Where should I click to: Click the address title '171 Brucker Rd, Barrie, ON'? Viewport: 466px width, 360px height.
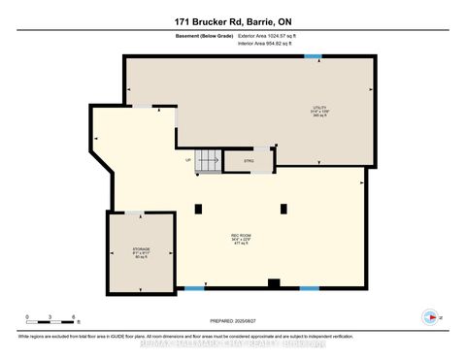pos(232,17)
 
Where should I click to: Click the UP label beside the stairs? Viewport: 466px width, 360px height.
pos(188,161)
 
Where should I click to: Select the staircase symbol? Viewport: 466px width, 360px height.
pos(207,162)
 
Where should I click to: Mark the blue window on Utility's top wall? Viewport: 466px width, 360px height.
pos(313,56)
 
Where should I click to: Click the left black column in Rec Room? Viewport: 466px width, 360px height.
pos(198,207)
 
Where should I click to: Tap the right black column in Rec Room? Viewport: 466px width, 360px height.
pos(283,207)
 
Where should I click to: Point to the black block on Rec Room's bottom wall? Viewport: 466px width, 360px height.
pos(274,284)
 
